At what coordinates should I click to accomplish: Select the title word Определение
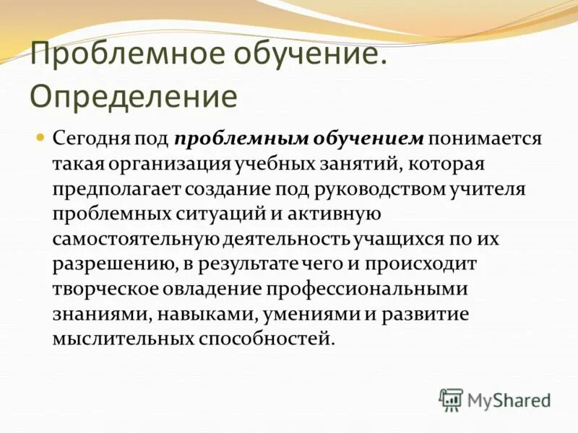click(x=134, y=96)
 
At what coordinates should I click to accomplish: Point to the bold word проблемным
click(x=230, y=139)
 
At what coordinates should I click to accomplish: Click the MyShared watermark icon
click(x=451, y=400)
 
